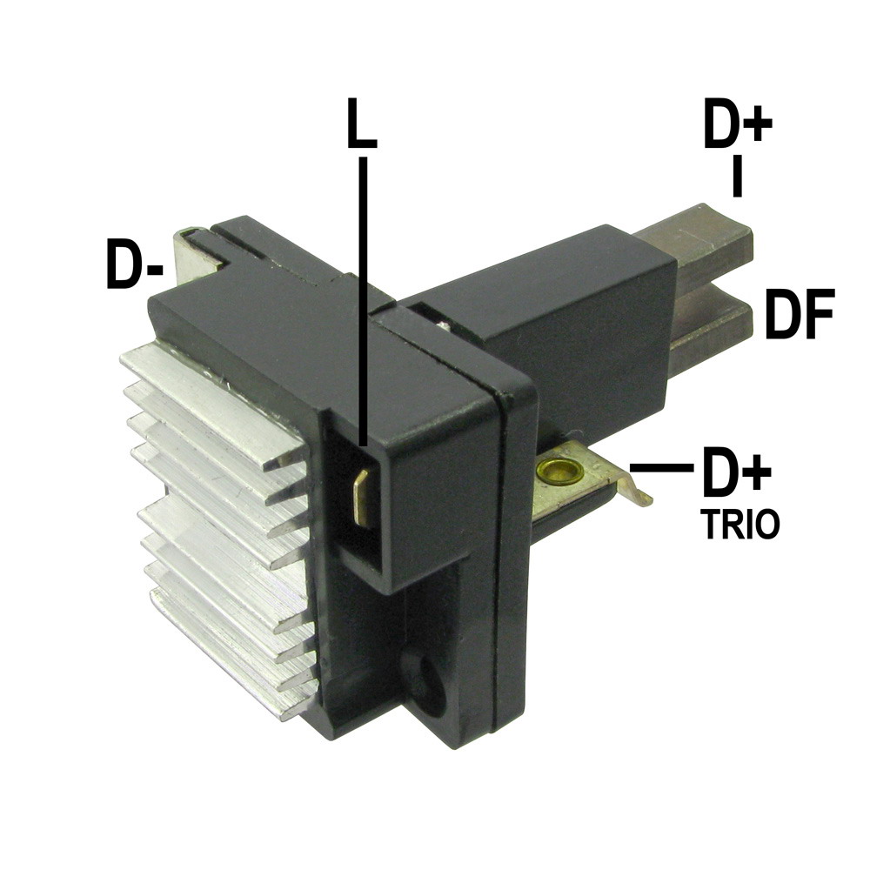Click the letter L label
362,124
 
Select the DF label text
800,313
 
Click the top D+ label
738,124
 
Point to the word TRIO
739,525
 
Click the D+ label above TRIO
737,472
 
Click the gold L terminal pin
361,497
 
